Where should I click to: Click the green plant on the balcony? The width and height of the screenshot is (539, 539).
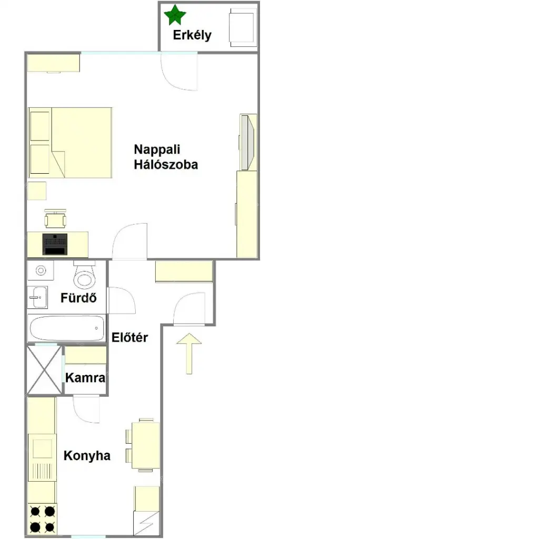point(175,15)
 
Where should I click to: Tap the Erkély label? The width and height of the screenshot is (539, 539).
point(192,35)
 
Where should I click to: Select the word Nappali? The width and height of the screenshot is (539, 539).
point(157,149)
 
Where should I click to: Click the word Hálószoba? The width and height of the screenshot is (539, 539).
point(166,165)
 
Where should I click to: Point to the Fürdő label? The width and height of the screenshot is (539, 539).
point(78,298)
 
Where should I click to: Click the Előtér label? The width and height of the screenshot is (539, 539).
point(129,337)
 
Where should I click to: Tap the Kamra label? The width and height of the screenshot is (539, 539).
point(85,378)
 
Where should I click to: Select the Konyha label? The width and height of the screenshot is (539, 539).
point(87,456)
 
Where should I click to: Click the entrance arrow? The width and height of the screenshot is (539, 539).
point(189,353)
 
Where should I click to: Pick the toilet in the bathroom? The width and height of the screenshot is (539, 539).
point(84,275)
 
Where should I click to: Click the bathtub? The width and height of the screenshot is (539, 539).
point(67,328)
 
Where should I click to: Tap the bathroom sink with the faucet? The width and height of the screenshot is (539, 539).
point(37,297)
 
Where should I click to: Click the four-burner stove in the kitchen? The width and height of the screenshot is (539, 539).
point(42,519)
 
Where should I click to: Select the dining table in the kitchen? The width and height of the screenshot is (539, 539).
point(146,445)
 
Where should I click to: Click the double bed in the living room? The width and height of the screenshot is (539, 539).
point(70,143)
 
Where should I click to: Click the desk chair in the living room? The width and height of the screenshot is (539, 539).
point(55,219)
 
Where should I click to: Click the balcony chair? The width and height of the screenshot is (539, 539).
point(243,27)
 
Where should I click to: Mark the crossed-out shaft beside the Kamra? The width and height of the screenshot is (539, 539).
point(45,370)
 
